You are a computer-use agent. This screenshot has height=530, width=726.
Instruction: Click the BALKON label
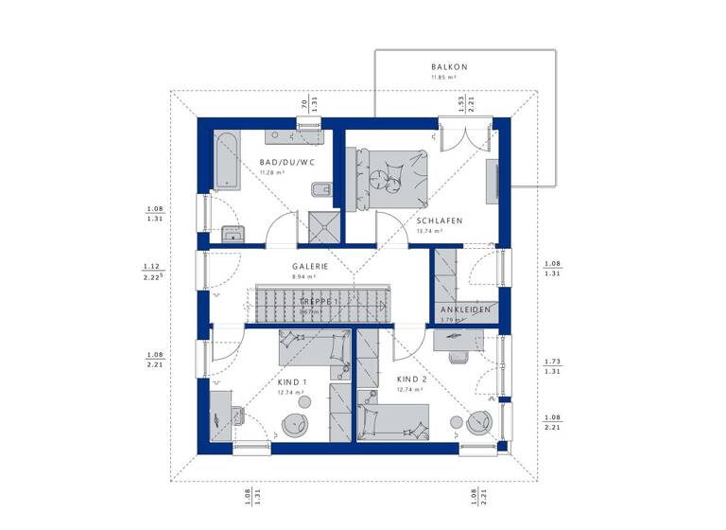[x=450, y=66]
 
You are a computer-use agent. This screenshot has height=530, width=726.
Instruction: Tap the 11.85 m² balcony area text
[x=450, y=77]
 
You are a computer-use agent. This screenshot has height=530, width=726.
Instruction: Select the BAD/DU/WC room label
[x=287, y=163]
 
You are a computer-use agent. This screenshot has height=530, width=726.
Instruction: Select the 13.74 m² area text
[x=437, y=232]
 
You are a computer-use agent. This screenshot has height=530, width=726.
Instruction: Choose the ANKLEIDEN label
[x=463, y=310]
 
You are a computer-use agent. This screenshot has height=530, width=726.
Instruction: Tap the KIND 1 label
[x=290, y=381]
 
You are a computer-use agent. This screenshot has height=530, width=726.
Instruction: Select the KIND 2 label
[x=410, y=380]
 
